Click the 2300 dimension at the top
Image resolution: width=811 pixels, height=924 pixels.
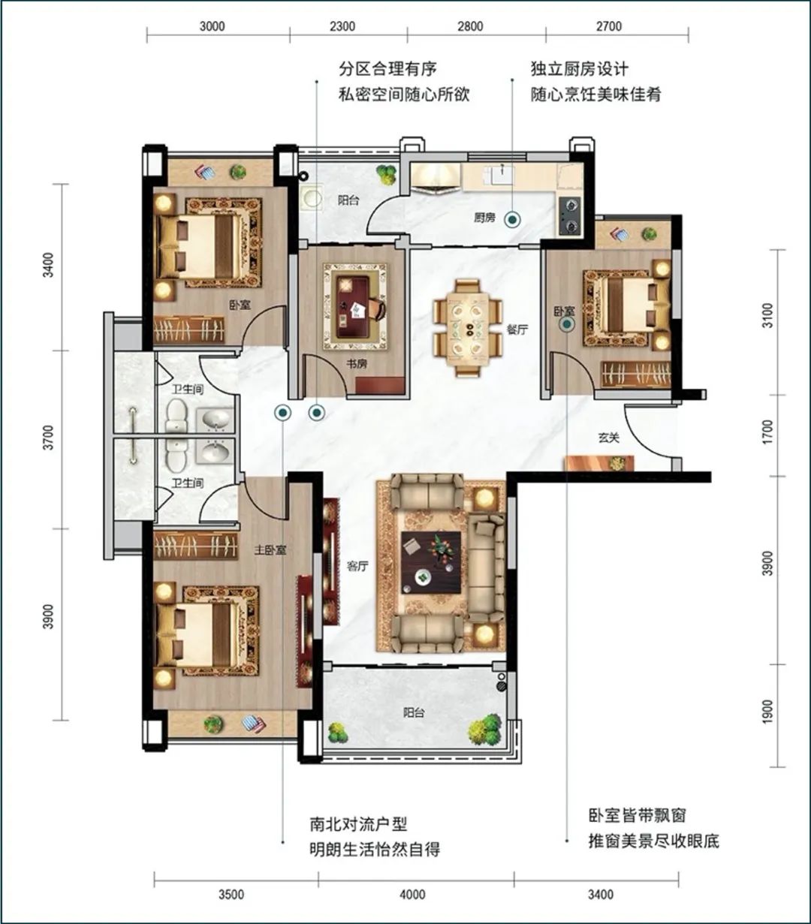[x=342, y=26]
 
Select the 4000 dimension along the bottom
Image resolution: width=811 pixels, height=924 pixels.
[x=412, y=895]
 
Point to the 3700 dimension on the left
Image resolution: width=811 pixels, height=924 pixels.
[x=48, y=438]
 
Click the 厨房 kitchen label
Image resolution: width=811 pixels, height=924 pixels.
[x=484, y=218]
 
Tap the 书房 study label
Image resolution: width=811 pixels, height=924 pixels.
[x=357, y=364]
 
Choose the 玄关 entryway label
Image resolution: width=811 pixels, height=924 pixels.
[x=609, y=438]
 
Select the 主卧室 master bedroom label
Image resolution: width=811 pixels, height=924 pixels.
[x=270, y=550]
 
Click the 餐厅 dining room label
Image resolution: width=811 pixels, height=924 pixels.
[x=517, y=330]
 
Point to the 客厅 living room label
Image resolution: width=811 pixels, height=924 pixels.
[x=357, y=567]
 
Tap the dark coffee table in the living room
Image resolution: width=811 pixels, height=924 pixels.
[x=431, y=562]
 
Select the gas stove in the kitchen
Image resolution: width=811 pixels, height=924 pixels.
[x=571, y=216]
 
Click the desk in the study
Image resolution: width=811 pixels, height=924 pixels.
[x=354, y=306]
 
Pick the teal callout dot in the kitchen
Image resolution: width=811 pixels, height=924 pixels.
[x=512, y=220]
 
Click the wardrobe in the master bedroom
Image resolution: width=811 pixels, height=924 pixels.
[x=196, y=546]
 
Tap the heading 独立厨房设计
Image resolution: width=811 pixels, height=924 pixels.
[x=580, y=69]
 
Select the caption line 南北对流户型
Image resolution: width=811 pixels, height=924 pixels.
[x=358, y=824]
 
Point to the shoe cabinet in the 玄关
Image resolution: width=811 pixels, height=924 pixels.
[x=600, y=463]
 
